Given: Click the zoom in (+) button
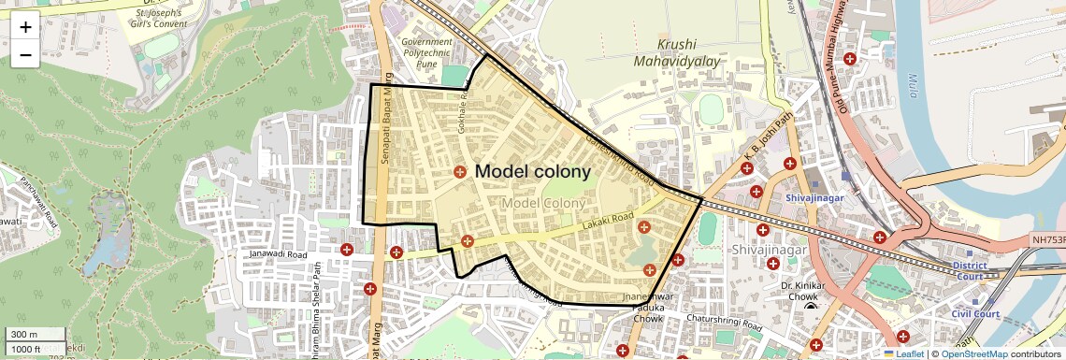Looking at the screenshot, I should pyautogui.click(x=25, y=26).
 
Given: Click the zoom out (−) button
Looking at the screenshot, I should pyautogui.click(x=25, y=55).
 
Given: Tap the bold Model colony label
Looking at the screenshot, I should pyautogui.click(x=533, y=171).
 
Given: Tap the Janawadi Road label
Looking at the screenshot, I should pyautogui.click(x=279, y=253).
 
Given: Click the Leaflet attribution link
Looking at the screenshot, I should pyautogui.click(x=902, y=354).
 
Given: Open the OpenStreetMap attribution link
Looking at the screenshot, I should pyautogui.click(x=973, y=354).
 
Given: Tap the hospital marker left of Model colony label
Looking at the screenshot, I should pyautogui.click(x=460, y=172).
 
